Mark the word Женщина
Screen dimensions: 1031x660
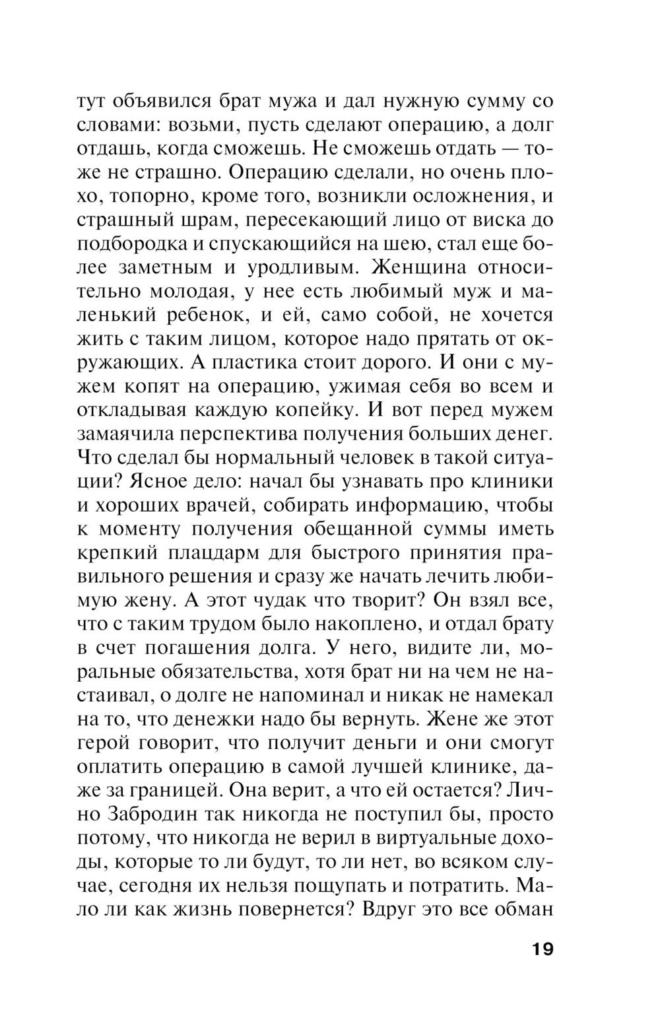[420, 268]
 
